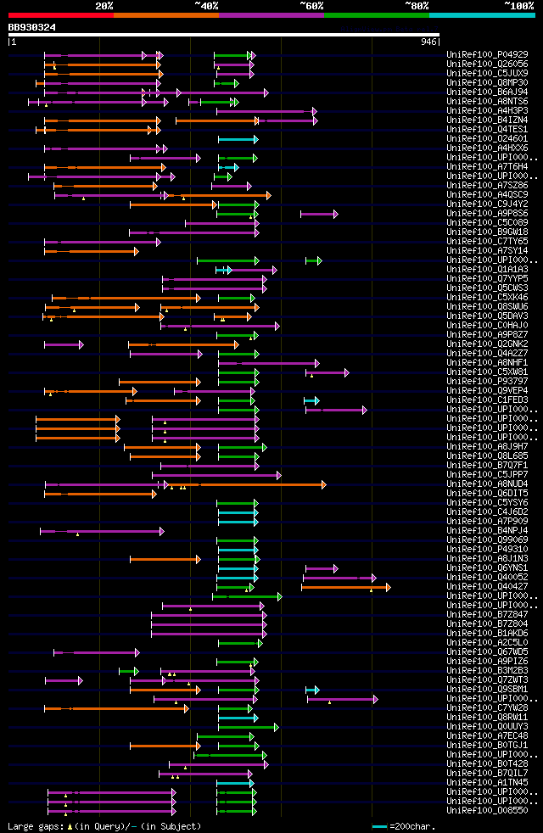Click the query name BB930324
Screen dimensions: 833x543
32,27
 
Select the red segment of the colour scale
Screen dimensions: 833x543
60,15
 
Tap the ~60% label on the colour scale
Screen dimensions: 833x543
311,6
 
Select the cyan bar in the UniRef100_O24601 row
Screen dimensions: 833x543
238,139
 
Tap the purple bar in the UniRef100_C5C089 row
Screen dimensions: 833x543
221,223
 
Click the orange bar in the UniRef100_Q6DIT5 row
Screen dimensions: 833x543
100,494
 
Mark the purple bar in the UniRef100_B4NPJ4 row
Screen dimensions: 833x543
101,531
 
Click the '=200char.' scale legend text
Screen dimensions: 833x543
407,826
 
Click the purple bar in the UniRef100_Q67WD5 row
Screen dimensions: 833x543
96,652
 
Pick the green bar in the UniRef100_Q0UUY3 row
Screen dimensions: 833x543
248,727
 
